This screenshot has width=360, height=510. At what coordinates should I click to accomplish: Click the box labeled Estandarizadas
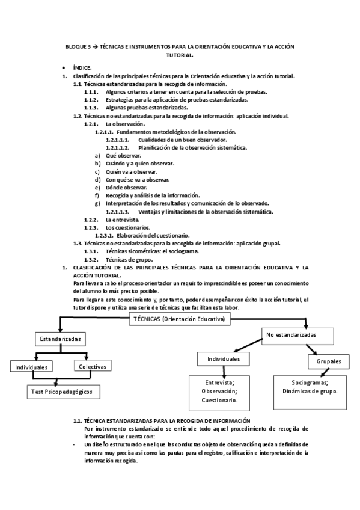click(60, 339)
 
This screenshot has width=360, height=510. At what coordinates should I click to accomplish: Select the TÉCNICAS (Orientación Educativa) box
click(180, 320)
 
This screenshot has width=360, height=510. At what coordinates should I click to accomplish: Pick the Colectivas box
click(92, 366)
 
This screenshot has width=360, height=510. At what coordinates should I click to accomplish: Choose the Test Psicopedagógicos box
click(63, 392)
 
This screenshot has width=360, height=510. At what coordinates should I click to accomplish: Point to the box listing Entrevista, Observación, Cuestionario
click(219, 390)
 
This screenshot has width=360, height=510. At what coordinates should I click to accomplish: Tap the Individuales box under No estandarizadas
click(224, 359)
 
